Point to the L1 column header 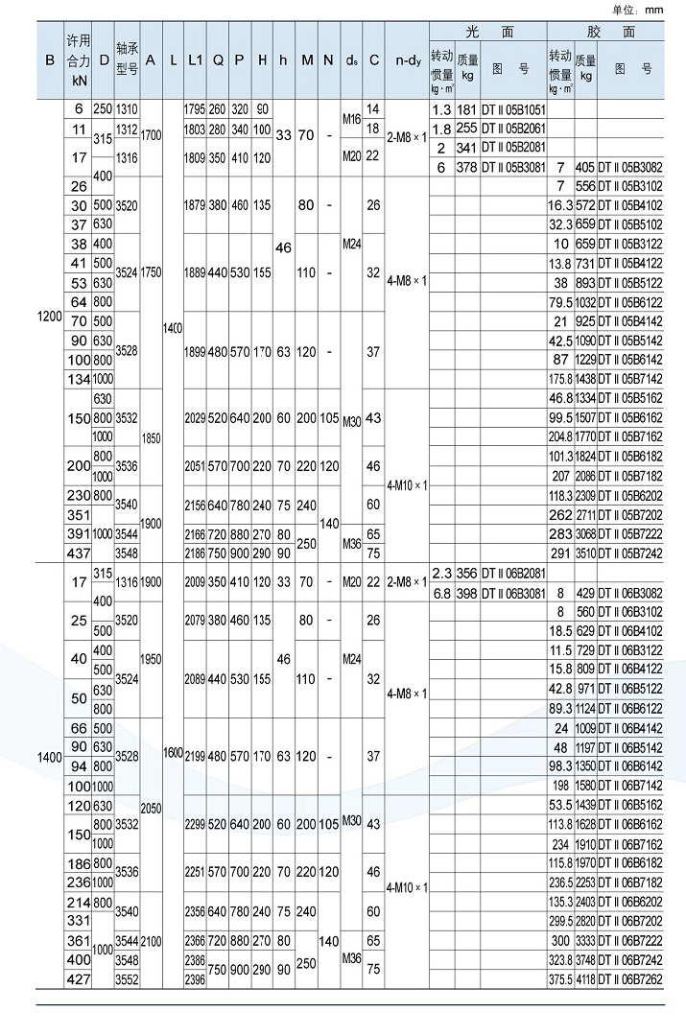pos(195,59)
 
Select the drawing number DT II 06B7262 pos(630,978)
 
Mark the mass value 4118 pos(585,978)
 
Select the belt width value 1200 pos(50,317)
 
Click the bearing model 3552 pos(127,978)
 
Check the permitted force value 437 pos(78,553)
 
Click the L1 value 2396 pos(195,978)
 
